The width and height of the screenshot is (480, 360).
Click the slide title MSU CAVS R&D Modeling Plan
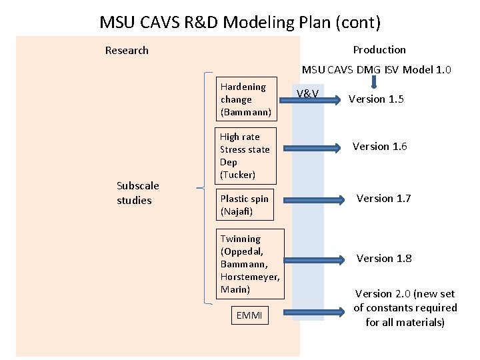(240, 22)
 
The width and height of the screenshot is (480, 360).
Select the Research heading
(127, 51)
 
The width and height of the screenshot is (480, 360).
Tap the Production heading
(379, 50)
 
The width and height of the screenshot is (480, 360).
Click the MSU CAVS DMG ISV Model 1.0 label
(377, 69)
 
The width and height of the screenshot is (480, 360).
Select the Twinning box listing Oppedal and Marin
(250, 264)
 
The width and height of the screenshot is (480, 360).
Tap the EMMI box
(249, 315)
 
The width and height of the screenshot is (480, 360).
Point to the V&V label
(307, 94)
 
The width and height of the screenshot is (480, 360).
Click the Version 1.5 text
(376, 99)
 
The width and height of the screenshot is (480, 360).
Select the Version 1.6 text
(379, 147)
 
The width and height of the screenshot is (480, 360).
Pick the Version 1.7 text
(383, 199)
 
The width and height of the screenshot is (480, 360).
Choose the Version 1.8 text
(383, 259)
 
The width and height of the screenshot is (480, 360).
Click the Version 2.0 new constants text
(405, 308)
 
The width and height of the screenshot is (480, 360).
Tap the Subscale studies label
(134, 194)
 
